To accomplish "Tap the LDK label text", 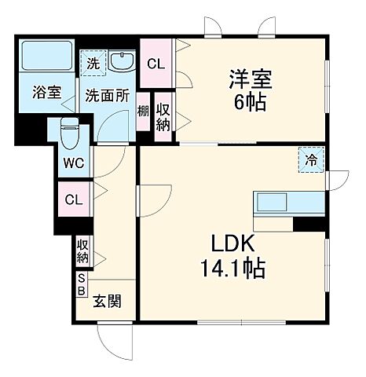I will pos(231,243).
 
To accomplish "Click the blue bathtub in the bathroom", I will pos(46,56).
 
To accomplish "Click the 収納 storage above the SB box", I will pos(82,252).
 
